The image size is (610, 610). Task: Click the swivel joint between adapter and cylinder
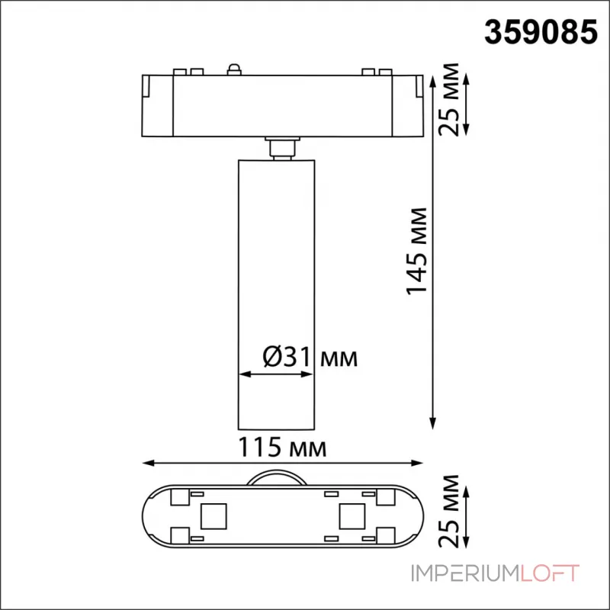coord(282,147)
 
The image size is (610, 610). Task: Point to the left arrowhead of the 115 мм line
coord(147,463)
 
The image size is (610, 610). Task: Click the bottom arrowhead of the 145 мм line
coord(434,422)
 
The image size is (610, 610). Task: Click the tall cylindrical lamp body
coord(274,290)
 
